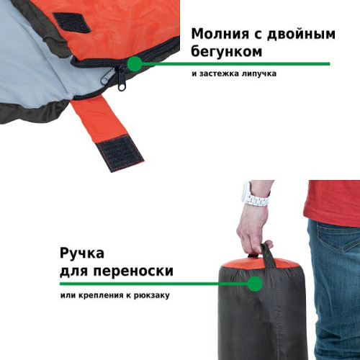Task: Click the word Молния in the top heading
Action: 220,34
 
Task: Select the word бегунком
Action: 226,51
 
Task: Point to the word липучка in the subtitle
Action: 259,73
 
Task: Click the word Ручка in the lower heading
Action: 82,253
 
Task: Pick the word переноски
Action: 133,271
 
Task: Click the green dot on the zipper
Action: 135,64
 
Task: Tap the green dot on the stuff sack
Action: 255,284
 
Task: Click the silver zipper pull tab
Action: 109,76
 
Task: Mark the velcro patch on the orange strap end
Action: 120,153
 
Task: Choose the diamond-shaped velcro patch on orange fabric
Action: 72,22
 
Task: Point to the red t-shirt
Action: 333,203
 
